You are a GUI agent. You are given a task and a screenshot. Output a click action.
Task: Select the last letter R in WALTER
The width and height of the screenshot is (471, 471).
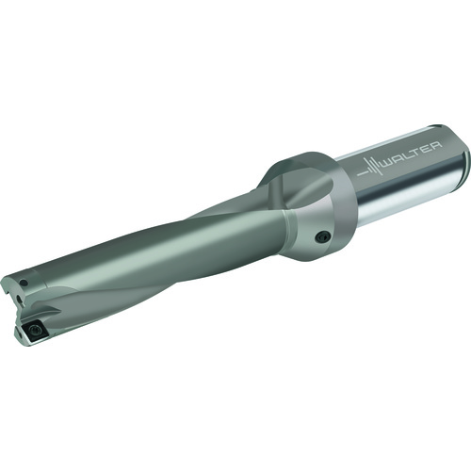coord(437,145)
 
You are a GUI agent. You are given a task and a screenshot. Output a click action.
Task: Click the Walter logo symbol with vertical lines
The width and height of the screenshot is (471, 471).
coord(371,166)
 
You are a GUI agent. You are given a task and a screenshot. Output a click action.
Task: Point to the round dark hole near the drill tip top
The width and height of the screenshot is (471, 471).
coord(24,283)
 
